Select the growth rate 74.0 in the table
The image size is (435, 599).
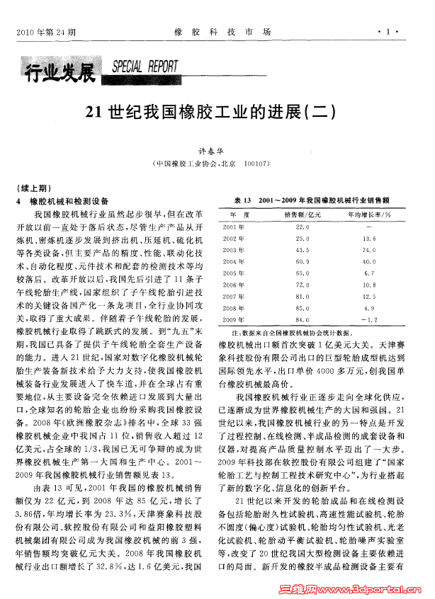(368, 250)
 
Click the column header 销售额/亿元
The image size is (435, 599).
(303, 214)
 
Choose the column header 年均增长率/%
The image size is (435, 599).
(369, 214)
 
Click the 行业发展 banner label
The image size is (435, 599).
(60, 71)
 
